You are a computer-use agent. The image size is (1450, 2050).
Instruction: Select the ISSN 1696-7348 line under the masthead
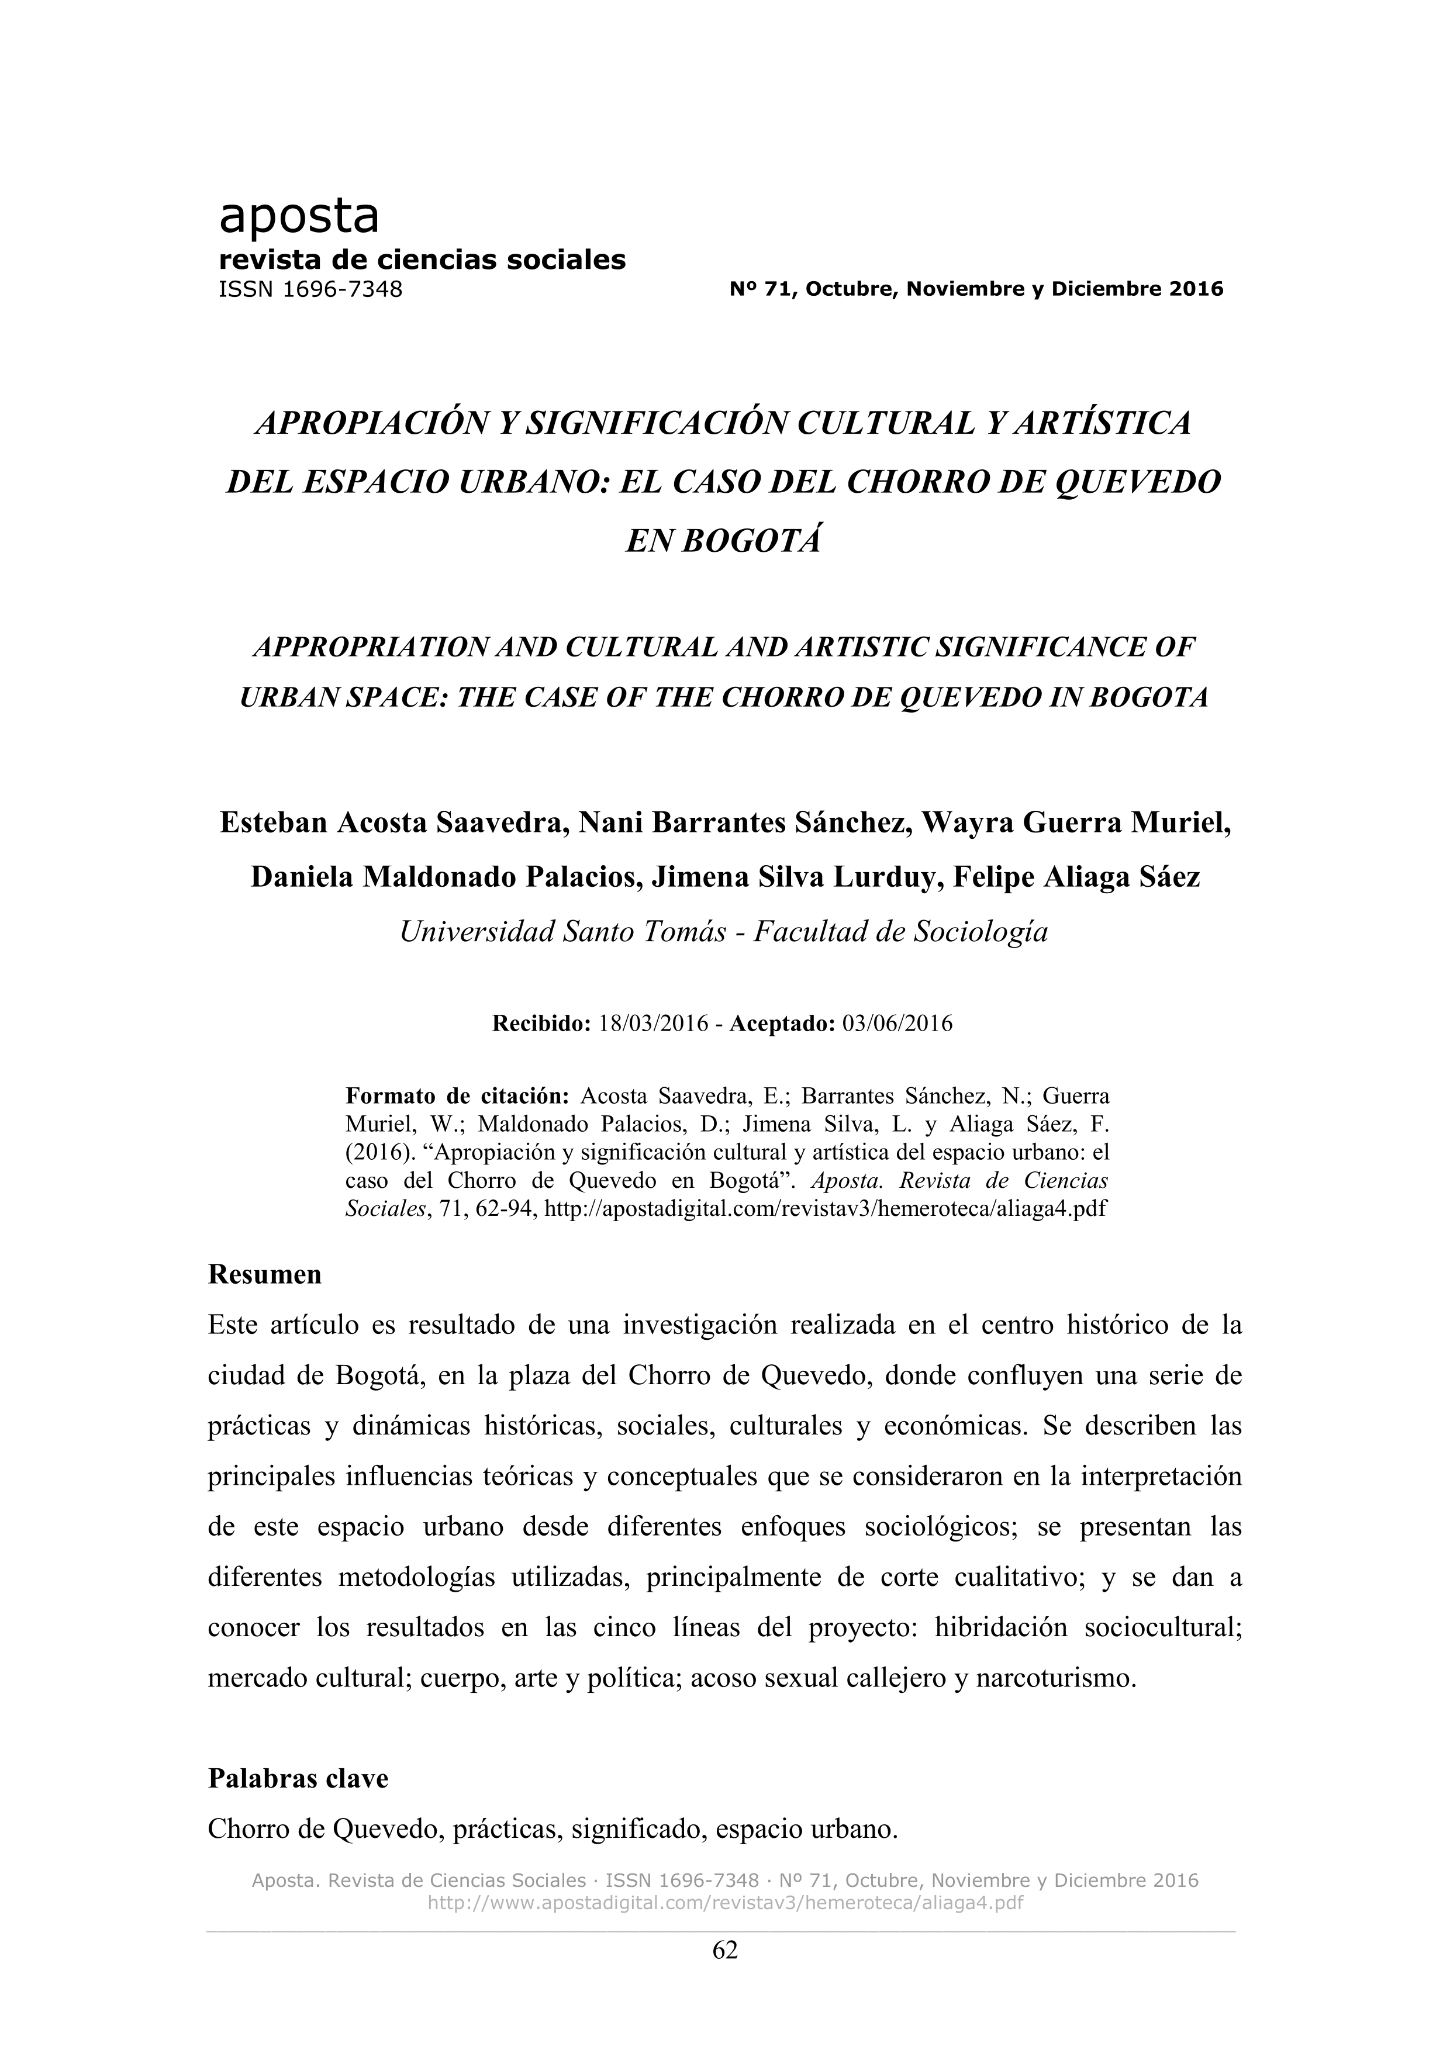pos(310,289)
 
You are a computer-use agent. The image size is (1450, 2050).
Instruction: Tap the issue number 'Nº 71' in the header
pos(756,289)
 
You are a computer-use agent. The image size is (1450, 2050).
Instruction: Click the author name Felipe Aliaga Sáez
pos(1077,877)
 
